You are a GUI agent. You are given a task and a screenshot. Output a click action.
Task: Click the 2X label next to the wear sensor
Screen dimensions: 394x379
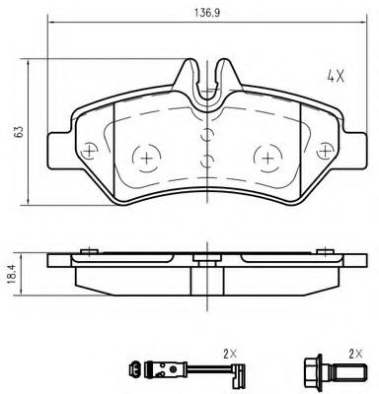(x=230, y=353)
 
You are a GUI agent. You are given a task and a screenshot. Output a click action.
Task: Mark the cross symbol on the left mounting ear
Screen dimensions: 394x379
(x=90, y=150)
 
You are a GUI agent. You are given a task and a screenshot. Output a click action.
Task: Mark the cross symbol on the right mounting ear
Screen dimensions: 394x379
(x=324, y=150)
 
